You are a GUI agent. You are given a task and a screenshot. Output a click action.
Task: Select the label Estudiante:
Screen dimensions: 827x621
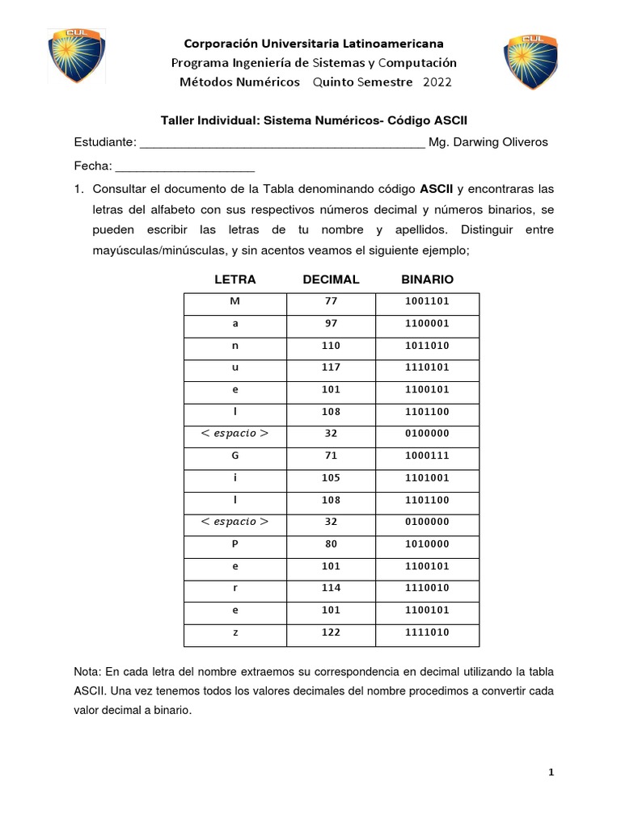(104, 142)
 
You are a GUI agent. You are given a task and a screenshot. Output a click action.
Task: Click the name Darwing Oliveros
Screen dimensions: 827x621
(501, 142)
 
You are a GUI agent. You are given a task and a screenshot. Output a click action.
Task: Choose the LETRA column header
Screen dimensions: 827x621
(234, 279)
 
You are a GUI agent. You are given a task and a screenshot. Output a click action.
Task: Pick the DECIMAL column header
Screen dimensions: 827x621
(331, 279)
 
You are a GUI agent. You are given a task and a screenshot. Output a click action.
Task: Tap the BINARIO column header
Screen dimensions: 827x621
(427, 279)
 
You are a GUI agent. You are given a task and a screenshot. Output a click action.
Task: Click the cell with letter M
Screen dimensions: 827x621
(234, 302)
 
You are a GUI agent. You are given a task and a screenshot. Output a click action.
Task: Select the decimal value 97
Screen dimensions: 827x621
(331, 324)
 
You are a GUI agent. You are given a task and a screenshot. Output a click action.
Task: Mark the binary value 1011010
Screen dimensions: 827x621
(427, 346)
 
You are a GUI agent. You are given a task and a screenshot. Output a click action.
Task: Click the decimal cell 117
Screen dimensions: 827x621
(331, 367)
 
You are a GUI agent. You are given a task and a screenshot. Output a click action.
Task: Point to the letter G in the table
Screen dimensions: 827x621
(234, 455)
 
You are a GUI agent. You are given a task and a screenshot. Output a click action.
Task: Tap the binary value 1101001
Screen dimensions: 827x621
(427, 477)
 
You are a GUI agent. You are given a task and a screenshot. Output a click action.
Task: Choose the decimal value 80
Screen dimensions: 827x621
(331, 544)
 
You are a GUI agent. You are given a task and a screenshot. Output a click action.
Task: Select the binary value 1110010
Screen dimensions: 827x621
(427, 588)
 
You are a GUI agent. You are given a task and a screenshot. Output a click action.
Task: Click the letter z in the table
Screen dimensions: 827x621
(234, 632)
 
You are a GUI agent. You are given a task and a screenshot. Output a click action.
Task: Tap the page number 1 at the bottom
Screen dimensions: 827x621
(551, 773)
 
